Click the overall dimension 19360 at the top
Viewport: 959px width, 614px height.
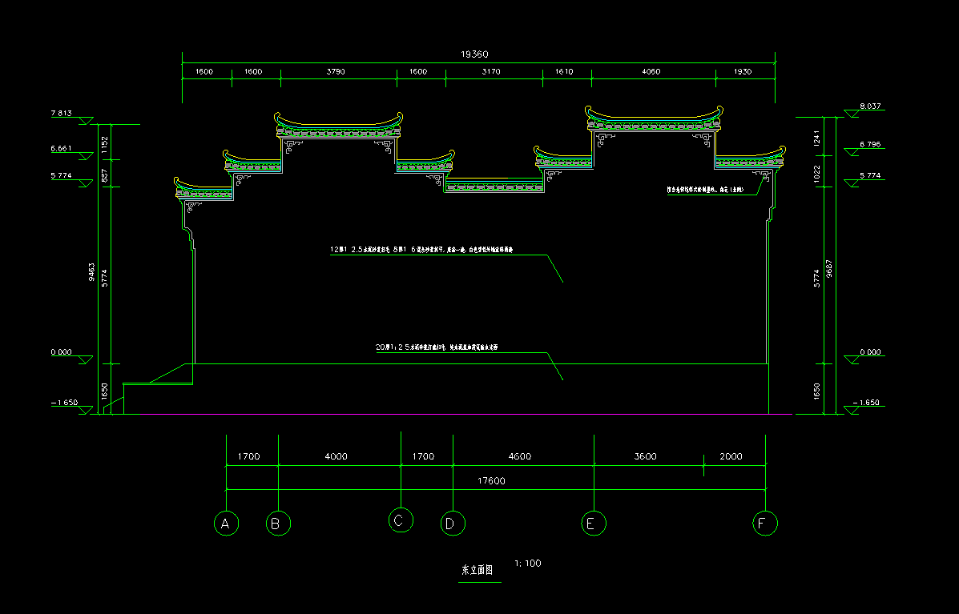474,54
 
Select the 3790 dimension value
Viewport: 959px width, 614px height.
336,72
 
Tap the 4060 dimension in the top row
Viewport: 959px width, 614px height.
651,72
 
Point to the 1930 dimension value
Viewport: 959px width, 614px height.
743,72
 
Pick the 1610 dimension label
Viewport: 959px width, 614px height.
564,72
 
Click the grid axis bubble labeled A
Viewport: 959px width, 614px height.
227,524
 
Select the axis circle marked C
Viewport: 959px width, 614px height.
401,520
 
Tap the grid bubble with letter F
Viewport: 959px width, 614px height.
765,524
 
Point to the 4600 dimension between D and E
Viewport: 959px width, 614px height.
519,457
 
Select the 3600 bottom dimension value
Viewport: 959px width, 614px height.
645,457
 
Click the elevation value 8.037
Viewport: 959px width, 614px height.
869,106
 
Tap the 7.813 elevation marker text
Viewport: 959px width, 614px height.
62,114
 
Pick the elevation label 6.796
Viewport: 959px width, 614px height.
869,145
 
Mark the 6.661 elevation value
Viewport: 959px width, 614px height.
62,149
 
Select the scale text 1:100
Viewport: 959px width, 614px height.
528,564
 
